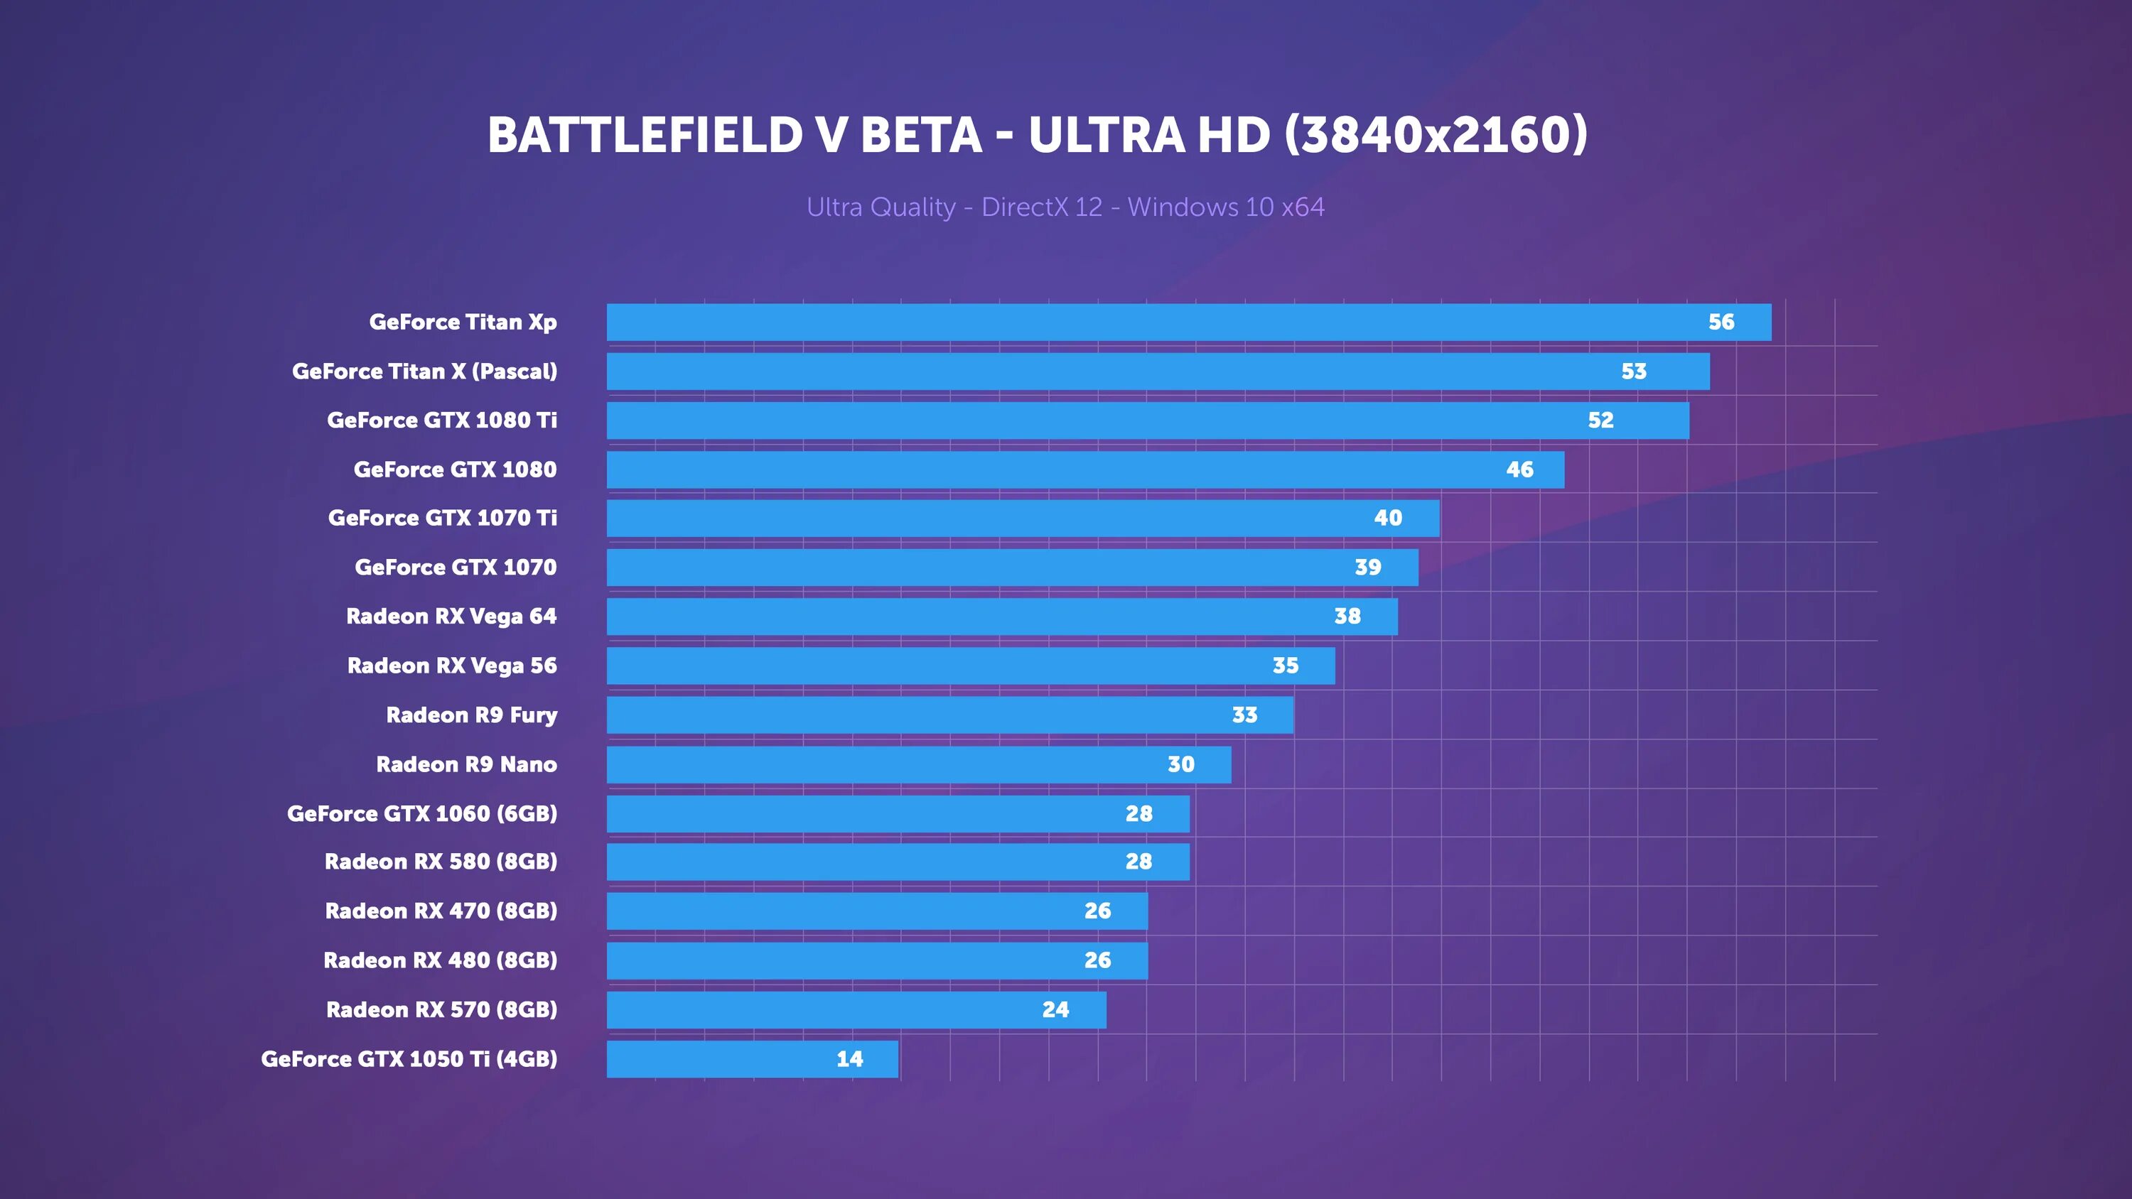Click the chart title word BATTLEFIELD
point(645,135)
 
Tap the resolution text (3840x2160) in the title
point(1436,135)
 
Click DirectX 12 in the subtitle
point(1041,207)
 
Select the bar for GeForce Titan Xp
point(1158,322)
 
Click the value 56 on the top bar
point(1721,322)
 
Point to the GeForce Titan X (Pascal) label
point(424,371)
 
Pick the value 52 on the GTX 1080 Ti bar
point(1600,421)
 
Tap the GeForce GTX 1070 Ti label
point(442,518)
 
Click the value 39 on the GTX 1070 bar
point(1367,568)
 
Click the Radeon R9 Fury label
point(471,715)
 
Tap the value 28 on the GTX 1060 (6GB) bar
point(1138,813)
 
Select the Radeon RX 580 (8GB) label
point(441,862)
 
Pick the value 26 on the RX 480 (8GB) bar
point(1097,960)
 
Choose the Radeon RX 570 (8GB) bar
point(828,1009)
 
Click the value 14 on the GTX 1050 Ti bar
point(849,1059)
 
